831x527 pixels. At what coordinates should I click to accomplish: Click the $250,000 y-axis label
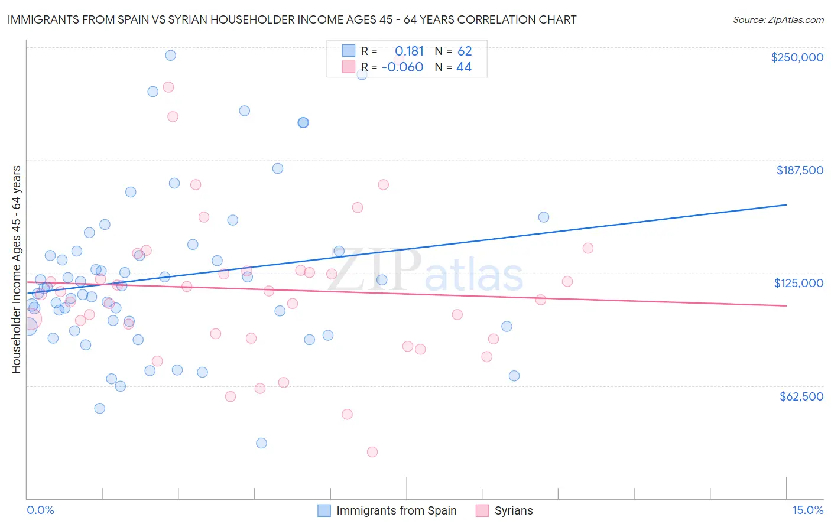click(797, 57)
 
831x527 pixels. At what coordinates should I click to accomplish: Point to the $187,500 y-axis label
click(799, 170)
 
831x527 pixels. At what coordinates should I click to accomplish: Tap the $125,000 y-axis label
click(798, 283)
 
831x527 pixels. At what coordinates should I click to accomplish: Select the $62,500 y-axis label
click(801, 396)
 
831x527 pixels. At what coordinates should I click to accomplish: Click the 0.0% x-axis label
click(40, 510)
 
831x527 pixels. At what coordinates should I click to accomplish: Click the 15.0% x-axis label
click(807, 510)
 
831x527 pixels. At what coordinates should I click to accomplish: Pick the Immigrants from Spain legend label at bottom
click(396, 510)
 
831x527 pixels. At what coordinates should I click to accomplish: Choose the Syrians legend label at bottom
click(513, 510)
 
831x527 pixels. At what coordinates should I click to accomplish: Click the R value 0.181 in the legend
click(409, 51)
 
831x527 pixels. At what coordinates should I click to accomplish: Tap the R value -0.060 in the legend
click(402, 67)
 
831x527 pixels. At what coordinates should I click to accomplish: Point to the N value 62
click(465, 51)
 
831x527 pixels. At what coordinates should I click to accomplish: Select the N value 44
click(464, 67)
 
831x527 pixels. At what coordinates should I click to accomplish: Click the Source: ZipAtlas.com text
click(778, 20)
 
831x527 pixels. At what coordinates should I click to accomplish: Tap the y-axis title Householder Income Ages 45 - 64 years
click(16, 269)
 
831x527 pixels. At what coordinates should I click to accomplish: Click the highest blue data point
click(170, 56)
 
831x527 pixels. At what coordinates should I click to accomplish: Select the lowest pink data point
click(372, 452)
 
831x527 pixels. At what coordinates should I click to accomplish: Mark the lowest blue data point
click(261, 443)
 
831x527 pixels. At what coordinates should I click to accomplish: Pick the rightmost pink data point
click(587, 248)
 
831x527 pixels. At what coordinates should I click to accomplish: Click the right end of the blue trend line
click(786, 204)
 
